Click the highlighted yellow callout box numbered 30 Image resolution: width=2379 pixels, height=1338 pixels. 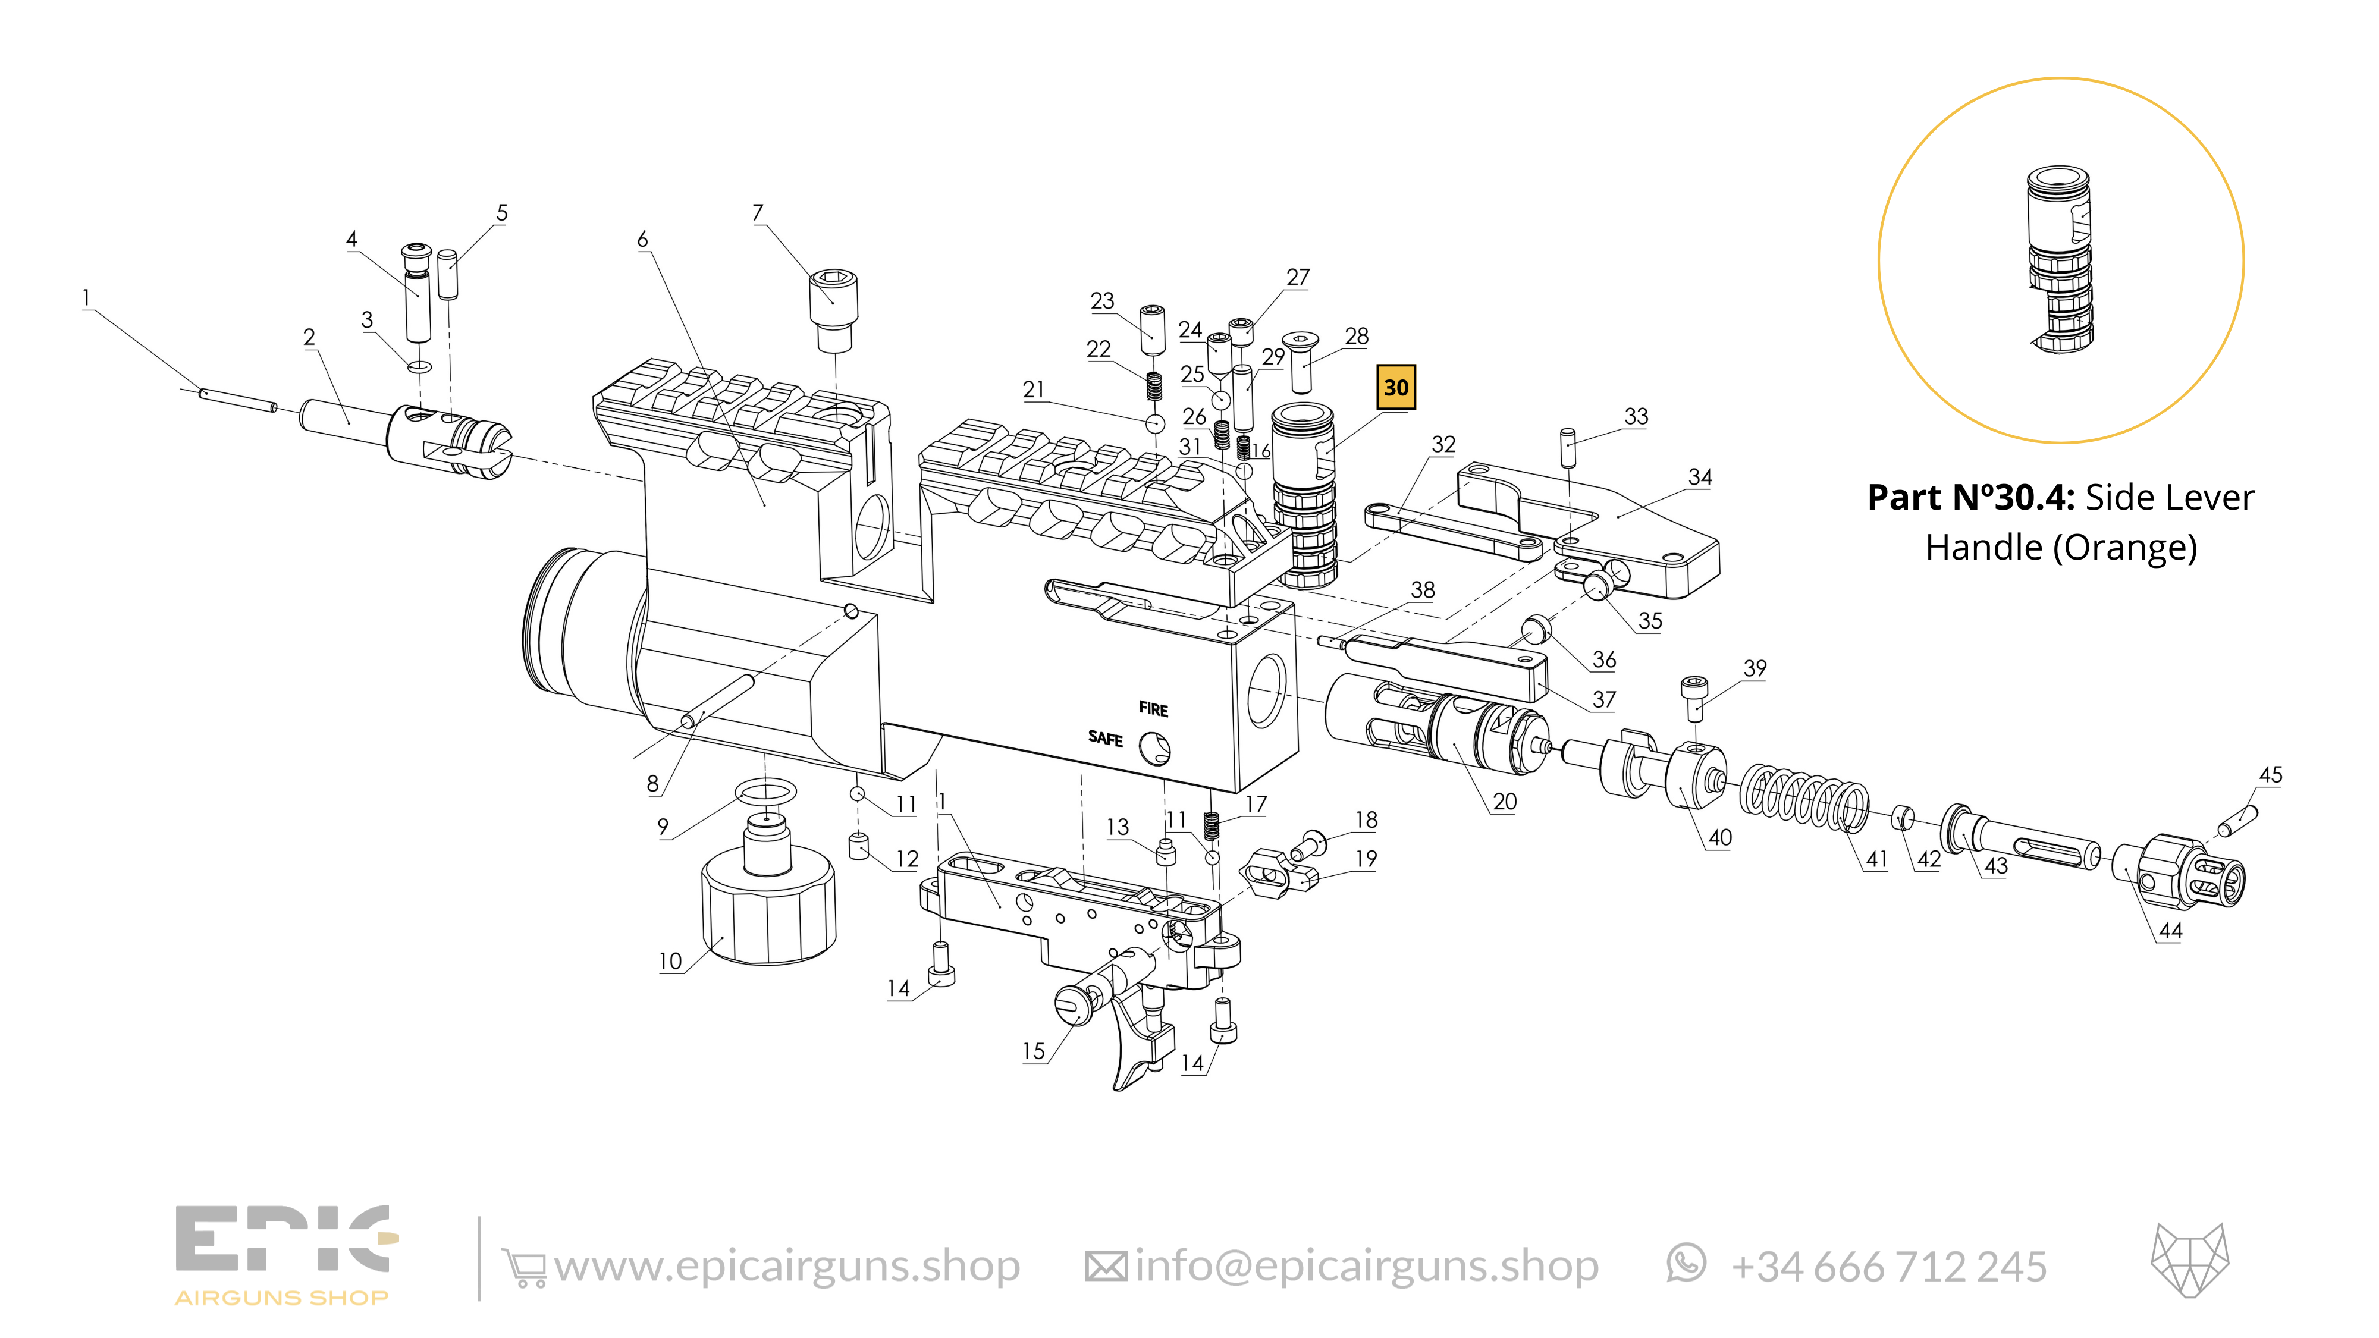click(1395, 388)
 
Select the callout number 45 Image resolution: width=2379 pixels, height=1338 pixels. click(2270, 775)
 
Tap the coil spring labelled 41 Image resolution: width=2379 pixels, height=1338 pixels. click(1804, 796)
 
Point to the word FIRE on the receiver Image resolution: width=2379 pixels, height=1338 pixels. click(1153, 709)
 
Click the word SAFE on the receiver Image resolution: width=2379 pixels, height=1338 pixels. click(1104, 738)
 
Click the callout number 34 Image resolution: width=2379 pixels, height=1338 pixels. click(1699, 476)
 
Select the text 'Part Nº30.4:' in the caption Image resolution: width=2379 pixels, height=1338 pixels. click(1970, 498)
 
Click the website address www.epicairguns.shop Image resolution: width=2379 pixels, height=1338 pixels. click(787, 1266)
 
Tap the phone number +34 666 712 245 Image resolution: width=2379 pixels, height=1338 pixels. click(1888, 1267)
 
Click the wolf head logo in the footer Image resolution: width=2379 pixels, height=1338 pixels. click(2190, 1261)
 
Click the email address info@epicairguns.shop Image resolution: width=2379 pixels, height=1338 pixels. click(1366, 1266)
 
